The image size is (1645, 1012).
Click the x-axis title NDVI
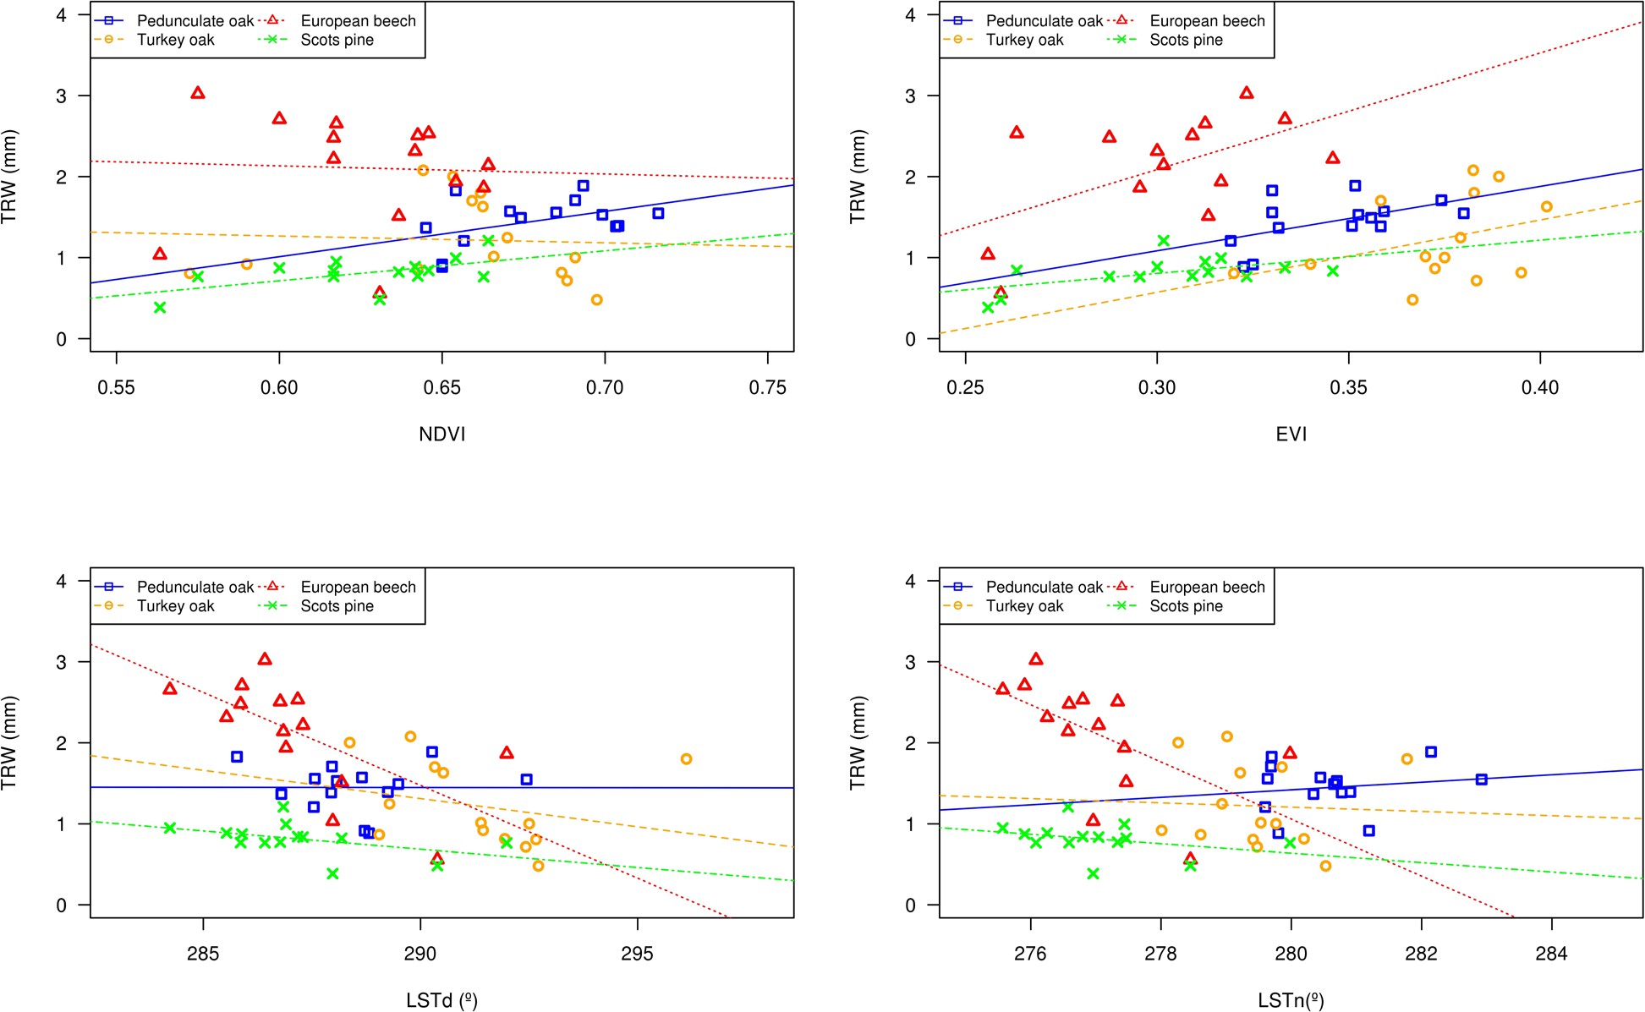coord(442,434)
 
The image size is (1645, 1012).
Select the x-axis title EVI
coord(1291,434)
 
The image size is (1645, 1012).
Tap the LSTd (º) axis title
coord(441,1000)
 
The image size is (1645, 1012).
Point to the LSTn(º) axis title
coord(1291,1000)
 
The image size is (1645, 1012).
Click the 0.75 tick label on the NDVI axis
coord(767,387)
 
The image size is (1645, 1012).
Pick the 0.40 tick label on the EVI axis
coord(1539,387)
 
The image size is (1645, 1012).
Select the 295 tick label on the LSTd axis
coord(637,954)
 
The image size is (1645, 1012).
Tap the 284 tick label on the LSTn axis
coord(1551,954)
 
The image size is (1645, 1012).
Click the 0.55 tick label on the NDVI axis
coord(116,387)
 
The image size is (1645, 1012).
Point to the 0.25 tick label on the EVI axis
coord(965,387)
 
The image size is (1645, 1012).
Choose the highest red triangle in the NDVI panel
coord(198,93)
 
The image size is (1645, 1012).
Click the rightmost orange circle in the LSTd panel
coord(686,759)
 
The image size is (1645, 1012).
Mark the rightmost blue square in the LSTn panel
coord(1481,780)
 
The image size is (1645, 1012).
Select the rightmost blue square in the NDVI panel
coord(658,214)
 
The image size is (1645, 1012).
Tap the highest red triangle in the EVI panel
coord(1246,93)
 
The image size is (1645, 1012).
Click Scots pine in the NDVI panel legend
coord(337,40)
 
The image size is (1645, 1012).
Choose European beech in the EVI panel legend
coord(1207,21)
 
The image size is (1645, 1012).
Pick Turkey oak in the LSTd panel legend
coord(176,606)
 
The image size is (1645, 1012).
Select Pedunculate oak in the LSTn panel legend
coord(1045,587)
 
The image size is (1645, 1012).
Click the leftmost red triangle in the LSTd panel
coord(170,689)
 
